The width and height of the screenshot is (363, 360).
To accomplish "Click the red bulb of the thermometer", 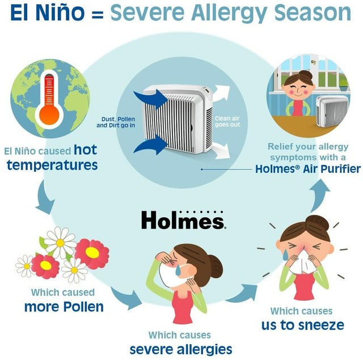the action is (49, 115).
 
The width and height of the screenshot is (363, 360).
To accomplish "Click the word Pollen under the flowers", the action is (83, 307).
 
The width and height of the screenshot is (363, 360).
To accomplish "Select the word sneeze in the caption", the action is (321, 325).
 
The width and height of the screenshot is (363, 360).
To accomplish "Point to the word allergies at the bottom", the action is (204, 349).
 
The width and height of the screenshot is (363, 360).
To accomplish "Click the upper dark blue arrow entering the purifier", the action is (151, 99).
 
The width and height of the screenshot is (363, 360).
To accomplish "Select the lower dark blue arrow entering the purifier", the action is (150, 145).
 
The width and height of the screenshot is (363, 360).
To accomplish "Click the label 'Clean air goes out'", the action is (227, 121).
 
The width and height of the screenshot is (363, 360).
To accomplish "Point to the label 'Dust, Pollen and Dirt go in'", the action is (116, 122).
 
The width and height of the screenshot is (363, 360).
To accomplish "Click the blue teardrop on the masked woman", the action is (179, 270).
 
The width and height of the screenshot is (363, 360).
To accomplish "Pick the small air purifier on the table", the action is (332, 112).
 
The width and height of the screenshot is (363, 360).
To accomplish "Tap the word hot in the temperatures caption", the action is (85, 150).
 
